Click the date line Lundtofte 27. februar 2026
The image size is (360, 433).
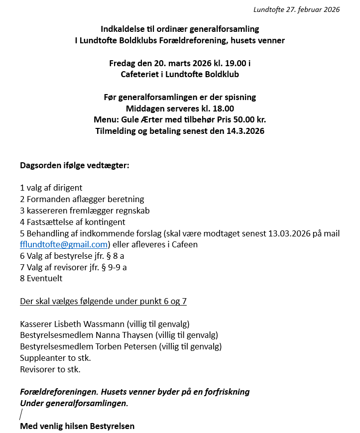pos(296,9)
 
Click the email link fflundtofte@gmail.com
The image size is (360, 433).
pos(64,244)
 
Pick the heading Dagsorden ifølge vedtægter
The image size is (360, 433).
pos(74,165)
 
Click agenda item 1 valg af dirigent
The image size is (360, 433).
pos(51,188)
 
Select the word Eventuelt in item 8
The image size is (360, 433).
pos(45,278)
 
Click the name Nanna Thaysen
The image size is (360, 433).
pos(126,335)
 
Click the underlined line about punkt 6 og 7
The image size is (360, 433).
pos(103,301)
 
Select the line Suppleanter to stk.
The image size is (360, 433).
pos(55,358)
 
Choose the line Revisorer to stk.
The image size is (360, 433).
pos(50,369)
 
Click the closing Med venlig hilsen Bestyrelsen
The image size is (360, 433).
pos(77,426)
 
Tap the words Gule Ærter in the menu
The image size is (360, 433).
pos(143,120)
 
